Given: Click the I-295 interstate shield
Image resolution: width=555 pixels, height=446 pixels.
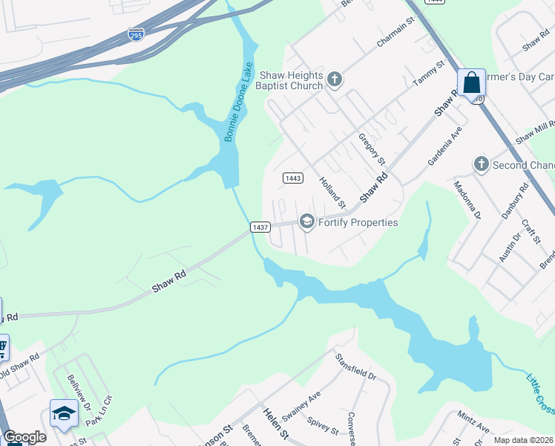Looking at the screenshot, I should tap(136, 34).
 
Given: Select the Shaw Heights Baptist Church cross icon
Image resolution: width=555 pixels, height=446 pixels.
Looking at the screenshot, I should tap(334, 80).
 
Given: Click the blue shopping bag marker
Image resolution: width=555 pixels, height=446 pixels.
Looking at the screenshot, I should tap(471, 83).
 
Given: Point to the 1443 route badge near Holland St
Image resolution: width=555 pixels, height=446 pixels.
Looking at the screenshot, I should tap(293, 178).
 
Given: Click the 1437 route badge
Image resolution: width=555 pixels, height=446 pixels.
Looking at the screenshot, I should tap(259, 227).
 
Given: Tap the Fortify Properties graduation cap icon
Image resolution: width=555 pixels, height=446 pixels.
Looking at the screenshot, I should tap(306, 222).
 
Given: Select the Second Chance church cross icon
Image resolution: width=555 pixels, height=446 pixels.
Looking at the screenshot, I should tap(481, 164).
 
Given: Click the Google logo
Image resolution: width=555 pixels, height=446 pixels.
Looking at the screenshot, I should tap(24, 437).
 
